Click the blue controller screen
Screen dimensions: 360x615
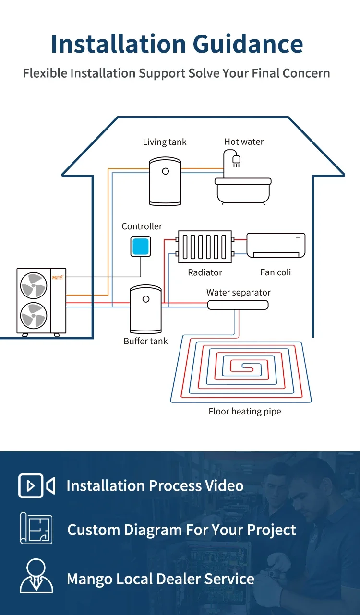[141, 246]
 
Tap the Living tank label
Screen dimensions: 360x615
[165, 142]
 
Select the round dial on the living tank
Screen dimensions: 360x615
[166, 171]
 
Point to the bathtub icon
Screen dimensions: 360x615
[243, 191]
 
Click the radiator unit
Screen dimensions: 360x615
[205, 247]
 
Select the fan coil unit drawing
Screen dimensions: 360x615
[276, 245]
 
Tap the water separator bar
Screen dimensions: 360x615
[238, 305]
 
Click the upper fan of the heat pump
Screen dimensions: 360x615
[34, 285]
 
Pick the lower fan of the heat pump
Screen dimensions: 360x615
[34, 316]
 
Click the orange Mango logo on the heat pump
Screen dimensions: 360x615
[58, 278]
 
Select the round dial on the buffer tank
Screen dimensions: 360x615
[146, 299]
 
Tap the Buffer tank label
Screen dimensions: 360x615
[145, 341]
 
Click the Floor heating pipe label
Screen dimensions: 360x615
[245, 411]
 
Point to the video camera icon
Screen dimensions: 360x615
[36, 485]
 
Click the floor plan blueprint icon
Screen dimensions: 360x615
[36, 528]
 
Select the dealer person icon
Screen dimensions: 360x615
[36, 576]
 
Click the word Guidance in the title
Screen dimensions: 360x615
[248, 44]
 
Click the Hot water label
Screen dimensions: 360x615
[244, 142]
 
